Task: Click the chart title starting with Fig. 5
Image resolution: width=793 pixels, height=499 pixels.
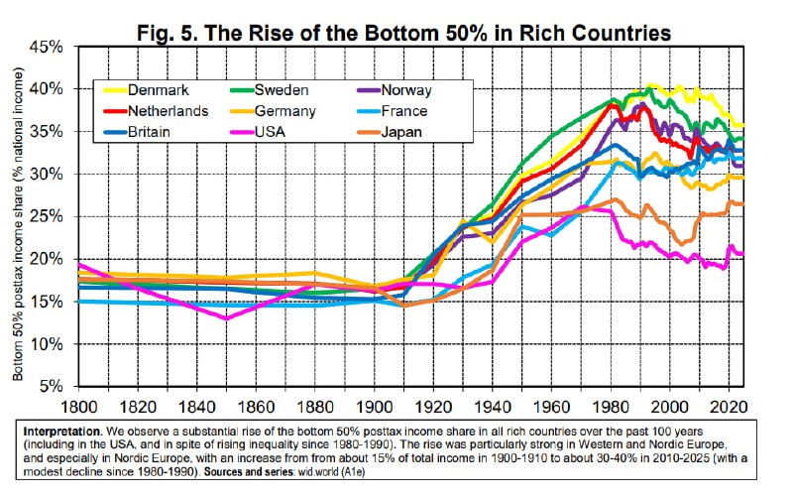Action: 403,33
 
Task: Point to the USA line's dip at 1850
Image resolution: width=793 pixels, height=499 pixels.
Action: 227,318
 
